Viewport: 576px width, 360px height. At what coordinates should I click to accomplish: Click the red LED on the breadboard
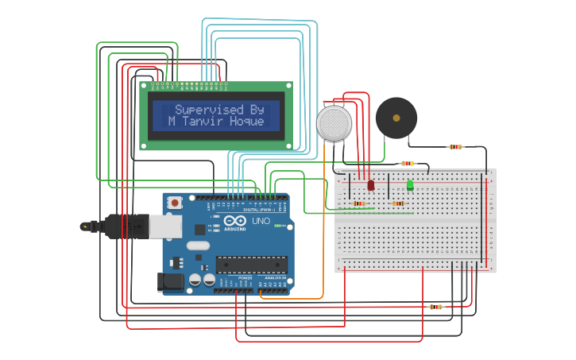click(x=370, y=184)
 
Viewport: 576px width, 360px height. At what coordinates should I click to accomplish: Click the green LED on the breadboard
click(x=410, y=184)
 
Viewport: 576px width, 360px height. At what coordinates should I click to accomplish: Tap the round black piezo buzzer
click(x=396, y=118)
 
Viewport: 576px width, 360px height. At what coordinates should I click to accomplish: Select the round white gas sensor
click(x=334, y=123)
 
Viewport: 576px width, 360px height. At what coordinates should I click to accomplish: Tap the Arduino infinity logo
click(x=237, y=220)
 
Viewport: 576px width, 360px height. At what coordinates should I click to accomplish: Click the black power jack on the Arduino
click(x=170, y=281)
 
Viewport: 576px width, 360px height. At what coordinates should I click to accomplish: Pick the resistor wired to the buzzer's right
click(x=455, y=147)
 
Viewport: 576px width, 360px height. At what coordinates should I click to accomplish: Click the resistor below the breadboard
click(x=435, y=306)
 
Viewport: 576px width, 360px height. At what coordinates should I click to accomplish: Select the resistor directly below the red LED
click(x=359, y=203)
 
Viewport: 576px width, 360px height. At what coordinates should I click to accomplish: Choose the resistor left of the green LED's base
click(x=398, y=203)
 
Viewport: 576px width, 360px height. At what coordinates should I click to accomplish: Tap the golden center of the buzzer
click(x=396, y=118)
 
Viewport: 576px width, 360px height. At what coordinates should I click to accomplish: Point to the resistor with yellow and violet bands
click(x=408, y=163)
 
